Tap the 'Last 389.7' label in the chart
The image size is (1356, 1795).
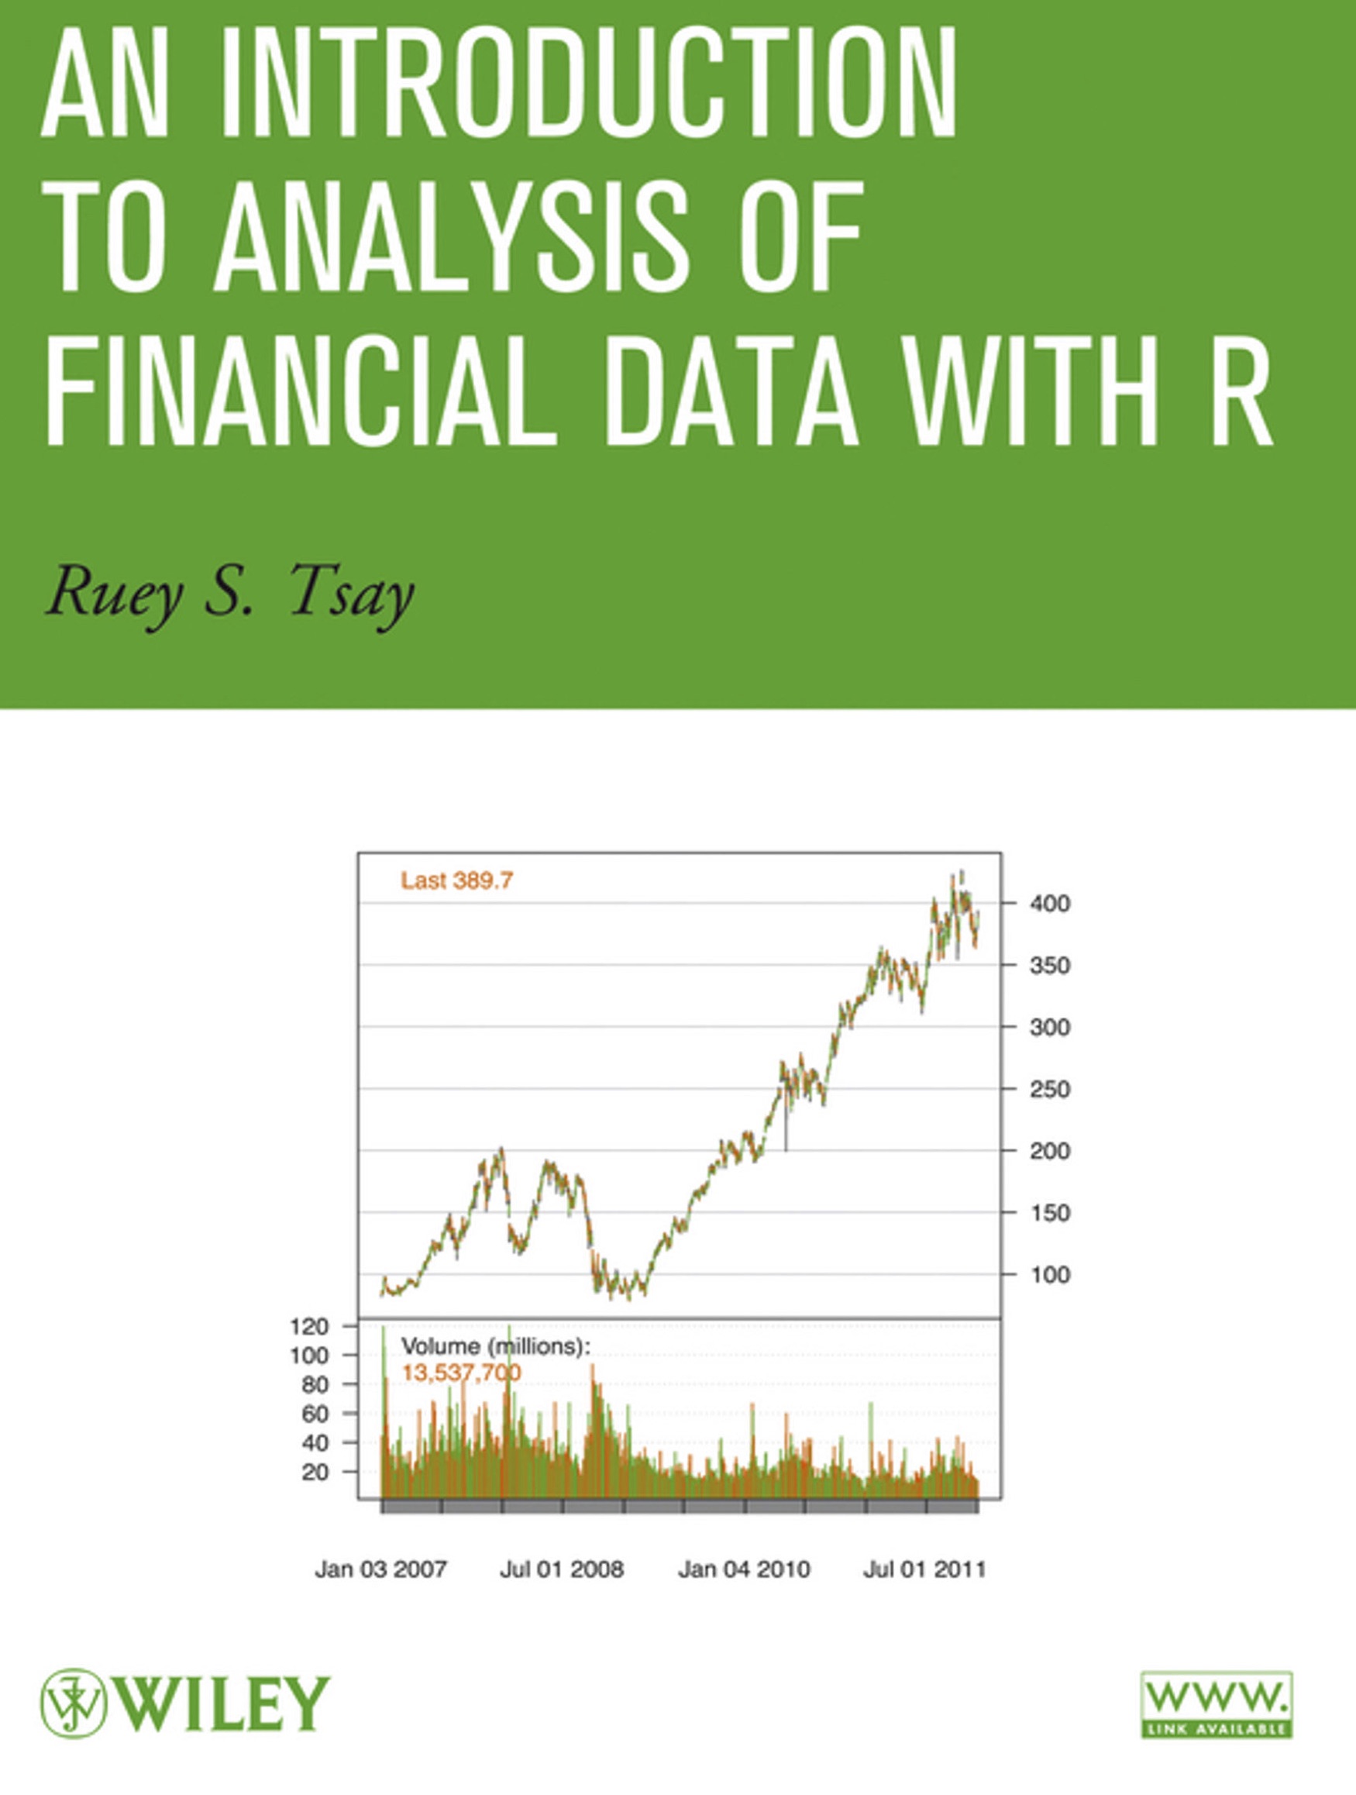click(x=457, y=880)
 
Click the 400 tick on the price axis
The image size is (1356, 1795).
click(x=1050, y=903)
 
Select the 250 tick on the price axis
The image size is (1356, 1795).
click(x=1050, y=1089)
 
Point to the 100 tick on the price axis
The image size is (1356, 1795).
click(x=1050, y=1274)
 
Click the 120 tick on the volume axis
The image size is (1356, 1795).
click(x=309, y=1326)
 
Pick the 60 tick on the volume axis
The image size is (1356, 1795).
click(x=315, y=1414)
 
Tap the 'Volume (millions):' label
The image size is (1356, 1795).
click(x=497, y=1347)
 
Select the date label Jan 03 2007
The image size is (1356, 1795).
click(x=380, y=1569)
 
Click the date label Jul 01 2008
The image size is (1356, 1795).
click(x=562, y=1569)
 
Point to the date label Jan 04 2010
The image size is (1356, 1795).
click(x=744, y=1569)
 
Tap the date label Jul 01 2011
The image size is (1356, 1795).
click(x=924, y=1569)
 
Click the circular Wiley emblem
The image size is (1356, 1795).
click(x=74, y=1704)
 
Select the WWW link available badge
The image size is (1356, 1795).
click(x=1217, y=1704)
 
